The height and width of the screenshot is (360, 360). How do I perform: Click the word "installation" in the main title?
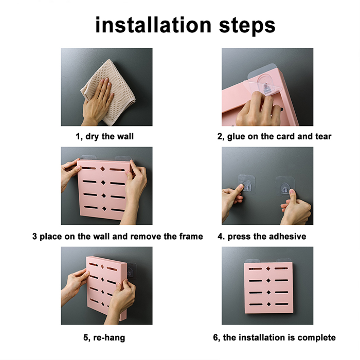click(x=153, y=25)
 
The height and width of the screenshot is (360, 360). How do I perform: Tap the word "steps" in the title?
click(x=247, y=26)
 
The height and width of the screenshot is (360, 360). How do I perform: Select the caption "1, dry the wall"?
click(x=105, y=136)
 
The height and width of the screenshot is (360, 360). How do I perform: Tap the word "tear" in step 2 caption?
click(x=323, y=136)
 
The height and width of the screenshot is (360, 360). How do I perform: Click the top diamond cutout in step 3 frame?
click(x=103, y=169)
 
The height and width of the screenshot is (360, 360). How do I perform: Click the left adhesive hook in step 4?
click(x=246, y=184)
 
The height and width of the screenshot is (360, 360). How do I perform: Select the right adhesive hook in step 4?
click(x=285, y=186)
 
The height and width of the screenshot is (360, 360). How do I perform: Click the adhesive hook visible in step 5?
click(x=132, y=271)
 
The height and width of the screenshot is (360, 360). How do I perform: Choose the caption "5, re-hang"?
click(x=104, y=337)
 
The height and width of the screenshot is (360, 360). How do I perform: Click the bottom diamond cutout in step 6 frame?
click(x=268, y=304)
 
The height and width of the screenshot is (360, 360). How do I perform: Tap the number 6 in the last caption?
click(x=215, y=337)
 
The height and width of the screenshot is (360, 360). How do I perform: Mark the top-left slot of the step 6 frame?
click(x=255, y=268)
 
